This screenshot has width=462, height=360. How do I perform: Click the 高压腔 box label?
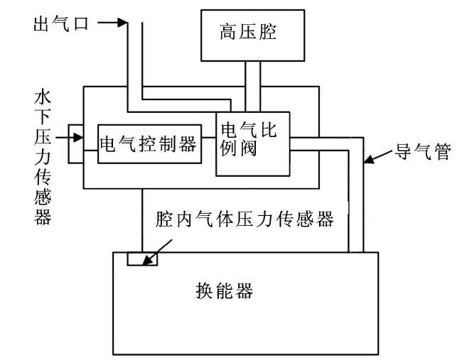tap(248, 32)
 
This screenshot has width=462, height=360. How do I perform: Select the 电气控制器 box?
tap(150, 144)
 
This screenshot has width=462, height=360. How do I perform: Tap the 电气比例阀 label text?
tap(249, 138)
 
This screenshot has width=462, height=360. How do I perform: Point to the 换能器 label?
tap(225, 291)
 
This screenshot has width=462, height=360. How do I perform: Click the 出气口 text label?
tap(61, 23)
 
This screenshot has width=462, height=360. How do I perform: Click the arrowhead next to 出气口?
tap(122, 23)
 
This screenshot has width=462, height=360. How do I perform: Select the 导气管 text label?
tap(423, 151)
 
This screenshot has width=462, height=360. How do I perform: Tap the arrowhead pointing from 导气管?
tap(369, 160)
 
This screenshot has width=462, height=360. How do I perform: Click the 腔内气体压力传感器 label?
tap(245, 219)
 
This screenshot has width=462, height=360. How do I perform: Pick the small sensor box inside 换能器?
tap(142, 258)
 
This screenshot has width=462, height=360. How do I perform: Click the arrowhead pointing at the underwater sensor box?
tap(78, 137)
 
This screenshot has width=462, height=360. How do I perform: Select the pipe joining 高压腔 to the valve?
tap(253, 87)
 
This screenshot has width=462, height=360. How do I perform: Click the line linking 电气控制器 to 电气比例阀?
tap(209, 137)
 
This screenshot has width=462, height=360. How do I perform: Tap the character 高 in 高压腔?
tap(228, 32)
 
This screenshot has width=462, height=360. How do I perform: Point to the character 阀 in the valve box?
tap(248, 148)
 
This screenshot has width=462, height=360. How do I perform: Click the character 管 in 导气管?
tap(443, 151)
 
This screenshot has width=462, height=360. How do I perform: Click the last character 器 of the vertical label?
tap(43, 217)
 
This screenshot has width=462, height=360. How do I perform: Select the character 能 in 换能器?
tap(225, 291)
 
